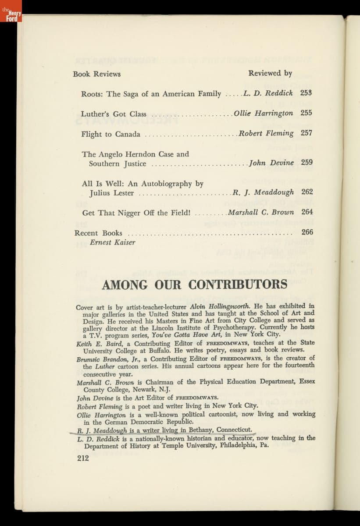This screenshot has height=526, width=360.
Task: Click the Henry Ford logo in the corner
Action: (11, 11)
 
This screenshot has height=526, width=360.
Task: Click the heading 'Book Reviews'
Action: (96, 74)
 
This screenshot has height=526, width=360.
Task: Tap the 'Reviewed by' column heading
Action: (270, 73)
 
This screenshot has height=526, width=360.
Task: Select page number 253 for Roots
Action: (306, 93)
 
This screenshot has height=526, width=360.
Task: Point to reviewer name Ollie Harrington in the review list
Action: (263, 113)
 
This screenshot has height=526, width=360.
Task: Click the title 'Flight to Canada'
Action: (110, 134)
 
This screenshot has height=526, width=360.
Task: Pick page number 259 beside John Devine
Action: (307, 163)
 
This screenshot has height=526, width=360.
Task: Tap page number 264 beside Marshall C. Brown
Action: (307, 212)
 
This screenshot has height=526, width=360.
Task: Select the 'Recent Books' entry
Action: (98, 233)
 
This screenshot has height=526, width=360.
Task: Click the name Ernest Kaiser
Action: (112, 242)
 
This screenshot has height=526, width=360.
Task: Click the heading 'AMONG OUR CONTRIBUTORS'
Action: (194, 284)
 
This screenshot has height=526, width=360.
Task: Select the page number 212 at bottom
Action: (82, 458)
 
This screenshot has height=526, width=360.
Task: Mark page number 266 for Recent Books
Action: (307, 232)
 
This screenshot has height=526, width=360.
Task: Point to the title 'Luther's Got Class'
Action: (114, 114)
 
